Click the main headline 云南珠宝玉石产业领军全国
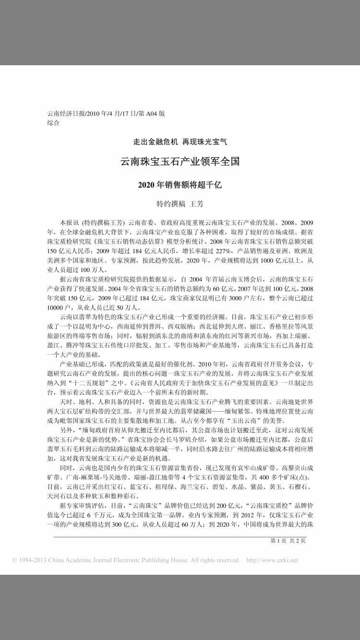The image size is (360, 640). coord(180,162)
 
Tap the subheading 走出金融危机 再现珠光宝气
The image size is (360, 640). coord(180,142)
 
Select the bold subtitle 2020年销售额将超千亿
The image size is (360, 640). coord(180,184)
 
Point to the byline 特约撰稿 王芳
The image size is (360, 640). coord(180,204)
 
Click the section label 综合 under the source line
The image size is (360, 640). coord(53,123)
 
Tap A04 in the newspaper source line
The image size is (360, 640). coord(152,114)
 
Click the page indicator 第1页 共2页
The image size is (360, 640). coord(288,541)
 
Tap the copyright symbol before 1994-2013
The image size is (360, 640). coord(15,560)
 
